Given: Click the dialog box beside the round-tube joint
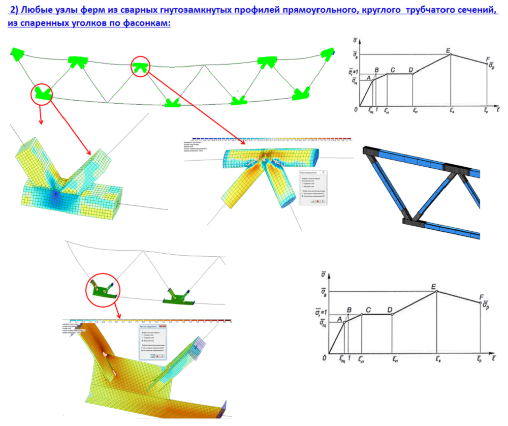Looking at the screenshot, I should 313,188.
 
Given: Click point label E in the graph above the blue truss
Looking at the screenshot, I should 448,50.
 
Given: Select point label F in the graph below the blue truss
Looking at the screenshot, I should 481,297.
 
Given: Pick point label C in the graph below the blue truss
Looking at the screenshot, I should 368,310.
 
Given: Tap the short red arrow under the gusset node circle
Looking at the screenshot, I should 117,309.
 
